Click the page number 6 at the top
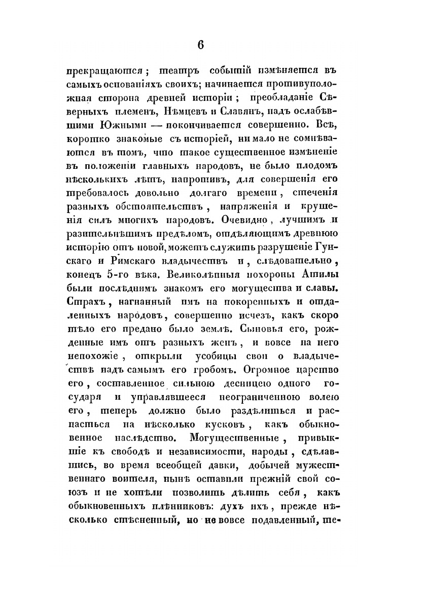200,45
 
